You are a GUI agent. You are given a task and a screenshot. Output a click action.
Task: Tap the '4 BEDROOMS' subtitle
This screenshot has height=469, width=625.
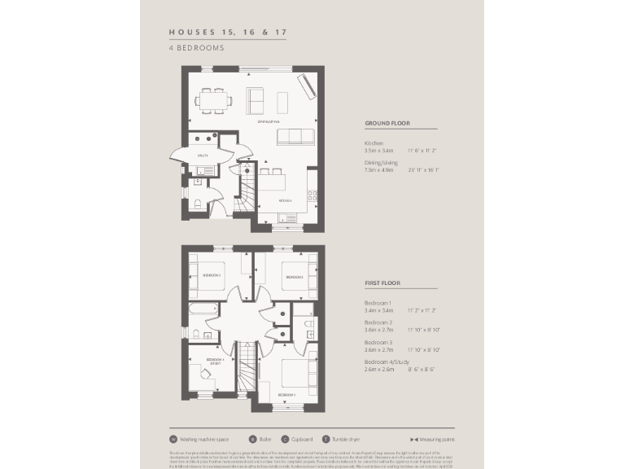point(196,48)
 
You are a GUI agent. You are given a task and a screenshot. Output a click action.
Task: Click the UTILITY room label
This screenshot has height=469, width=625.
point(203,155)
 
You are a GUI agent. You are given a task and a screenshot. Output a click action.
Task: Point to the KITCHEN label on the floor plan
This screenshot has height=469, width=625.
point(285,199)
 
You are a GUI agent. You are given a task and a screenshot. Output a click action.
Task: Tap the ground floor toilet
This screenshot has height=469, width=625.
point(195,204)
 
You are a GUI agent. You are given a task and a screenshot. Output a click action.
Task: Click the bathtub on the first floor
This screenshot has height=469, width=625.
point(200,311)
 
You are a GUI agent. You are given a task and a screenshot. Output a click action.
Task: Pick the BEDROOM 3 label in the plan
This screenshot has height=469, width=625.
point(211,276)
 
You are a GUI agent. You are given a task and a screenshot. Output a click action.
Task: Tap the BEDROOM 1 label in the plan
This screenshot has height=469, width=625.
point(286,395)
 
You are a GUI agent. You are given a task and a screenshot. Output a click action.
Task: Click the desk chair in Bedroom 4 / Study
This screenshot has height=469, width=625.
point(207,375)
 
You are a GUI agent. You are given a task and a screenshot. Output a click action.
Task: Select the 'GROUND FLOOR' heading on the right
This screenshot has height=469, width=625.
point(387,124)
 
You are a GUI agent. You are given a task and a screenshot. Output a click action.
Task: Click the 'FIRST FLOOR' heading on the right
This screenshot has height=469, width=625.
point(382,283)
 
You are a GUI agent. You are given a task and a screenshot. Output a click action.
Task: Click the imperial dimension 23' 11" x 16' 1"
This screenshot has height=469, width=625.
point(423,170)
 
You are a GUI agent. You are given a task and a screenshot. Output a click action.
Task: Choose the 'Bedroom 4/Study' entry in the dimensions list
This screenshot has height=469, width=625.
point(387,361)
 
